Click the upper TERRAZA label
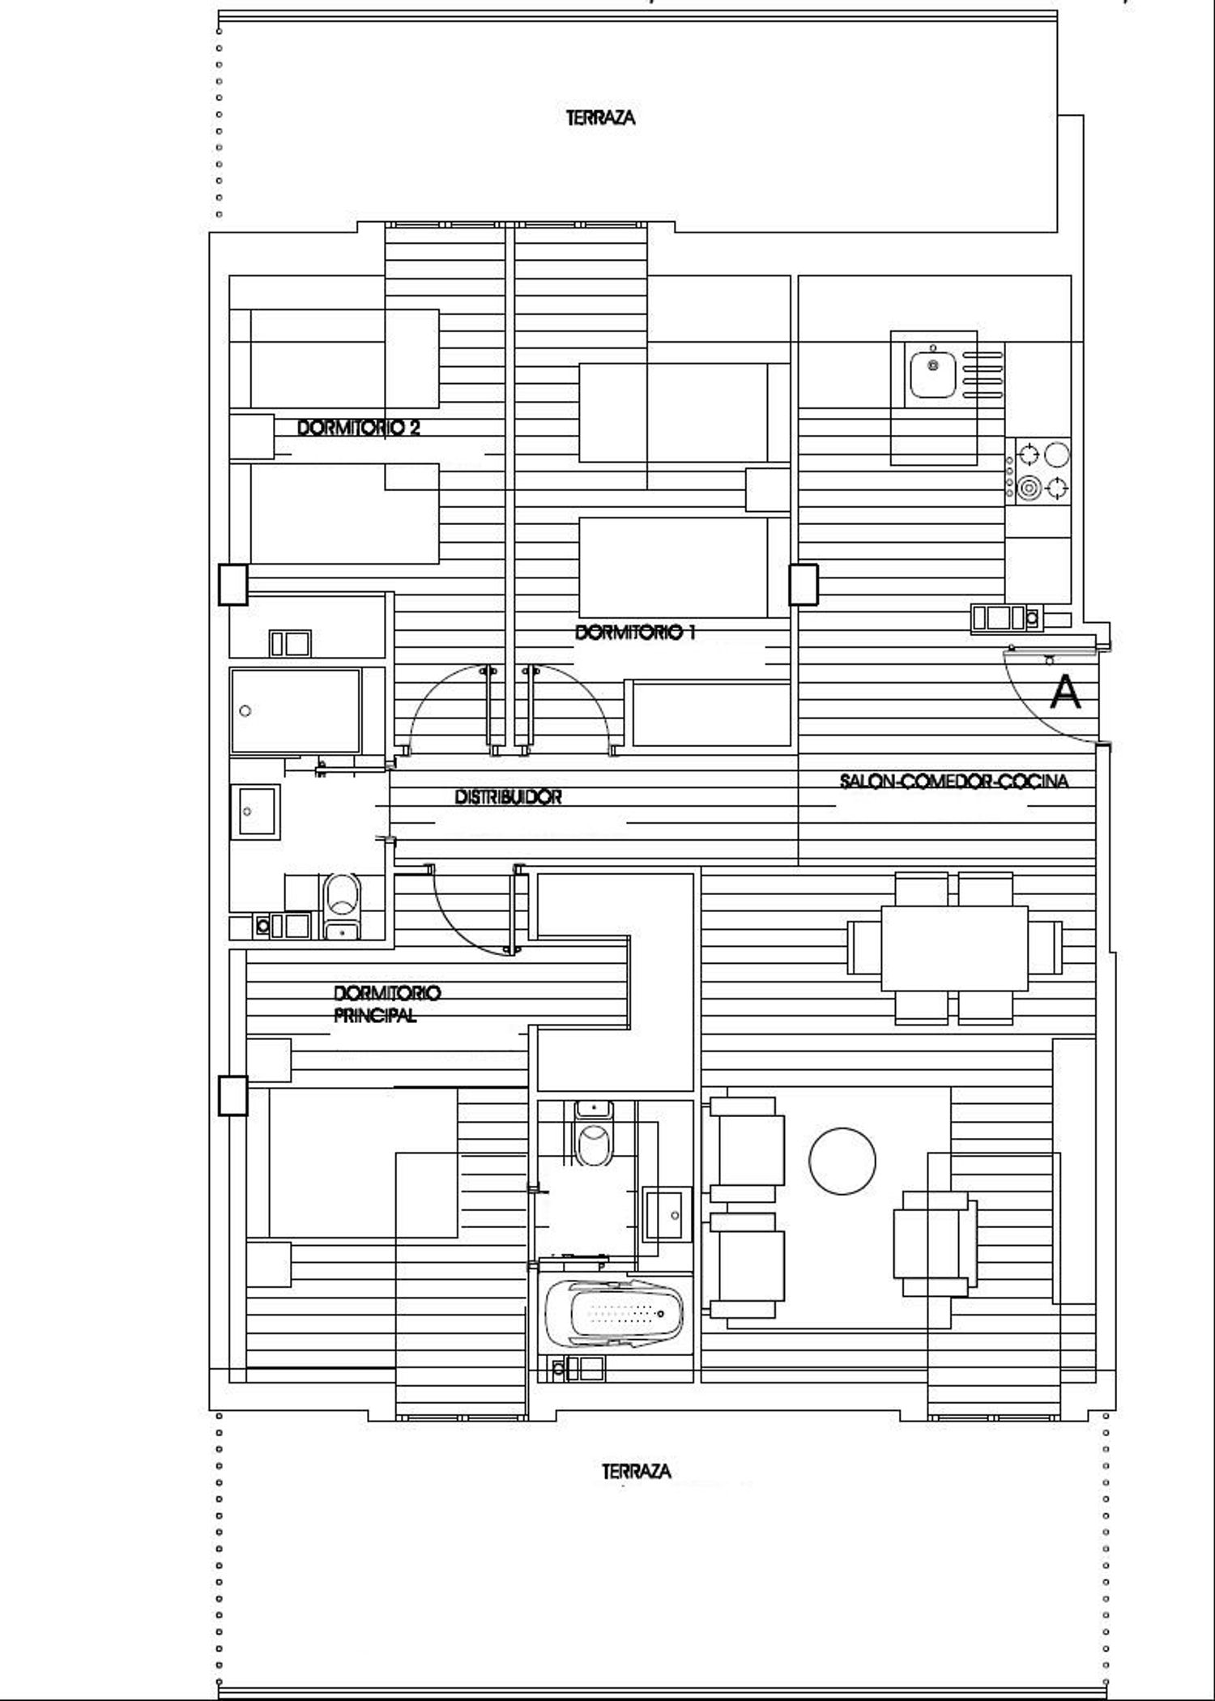(x=600, y=118)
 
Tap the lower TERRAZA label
(x=637, y=1471)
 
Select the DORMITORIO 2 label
(x=359, y=428)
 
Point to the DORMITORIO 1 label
(x=635, y=633)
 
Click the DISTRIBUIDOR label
(x=508, y=797)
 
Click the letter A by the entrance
(x=1065, y=693)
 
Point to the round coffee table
(x=842, y=1161)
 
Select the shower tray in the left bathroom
(x=296, y=710)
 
